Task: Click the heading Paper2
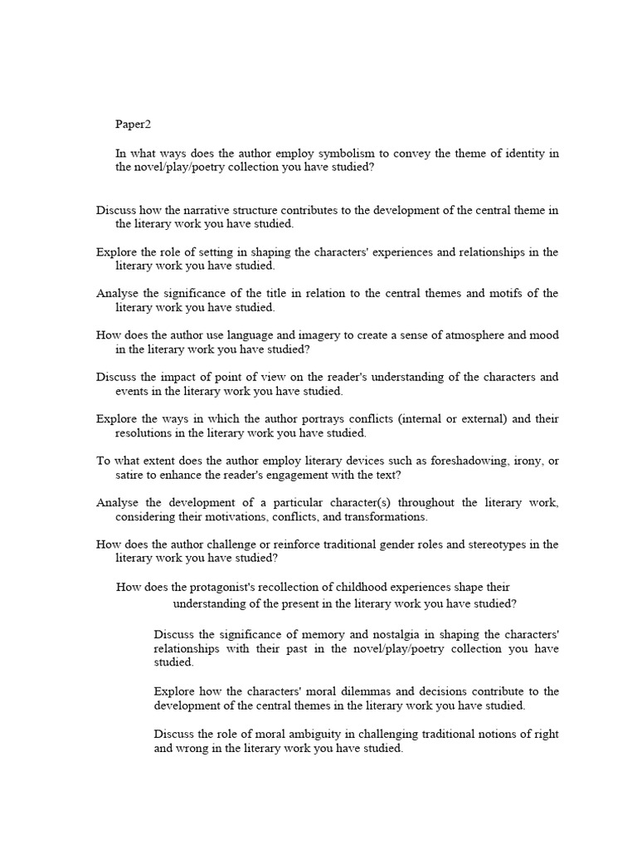point(134,125)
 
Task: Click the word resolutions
point(145,432)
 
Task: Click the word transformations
point(384,516)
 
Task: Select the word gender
point(396,545)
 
